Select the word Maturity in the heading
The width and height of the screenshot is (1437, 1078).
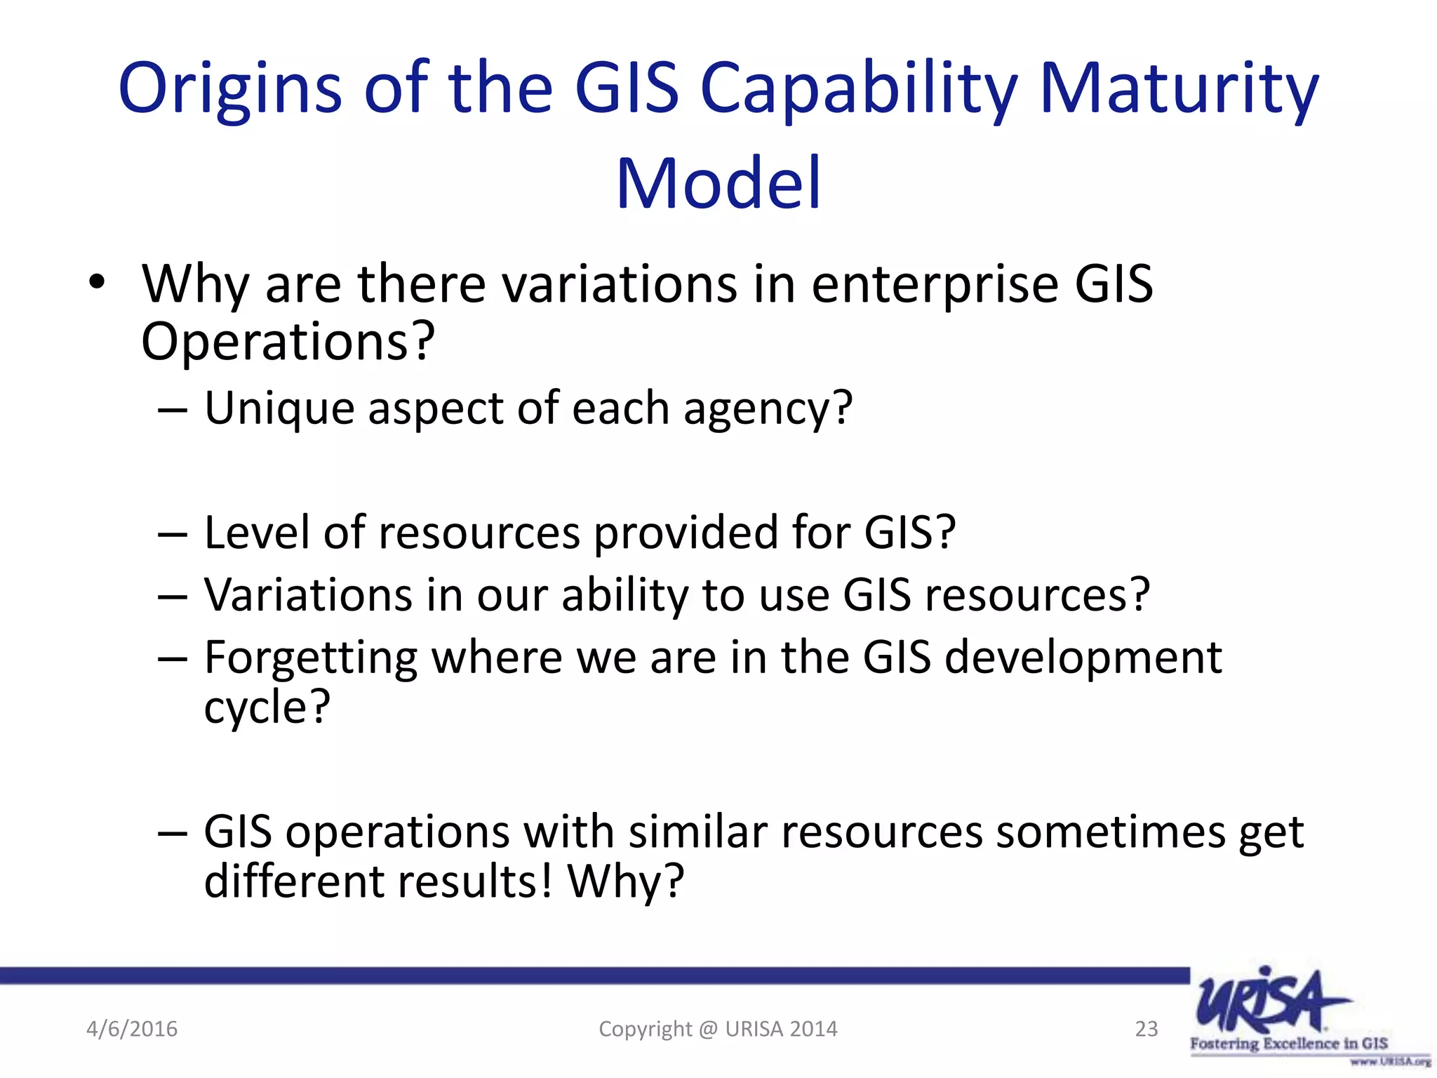tap(1178, 90)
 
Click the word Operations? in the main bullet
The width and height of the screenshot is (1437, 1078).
tap(288, 342)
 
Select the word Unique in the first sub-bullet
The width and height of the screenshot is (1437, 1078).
tap(279, 408)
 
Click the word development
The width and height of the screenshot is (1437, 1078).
tap(1083, 658)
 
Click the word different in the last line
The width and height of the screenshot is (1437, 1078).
tap(293, 881)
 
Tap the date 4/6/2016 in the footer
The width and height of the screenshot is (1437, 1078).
tap(132, 1029)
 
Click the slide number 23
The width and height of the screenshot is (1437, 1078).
tap(1146, 1029)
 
